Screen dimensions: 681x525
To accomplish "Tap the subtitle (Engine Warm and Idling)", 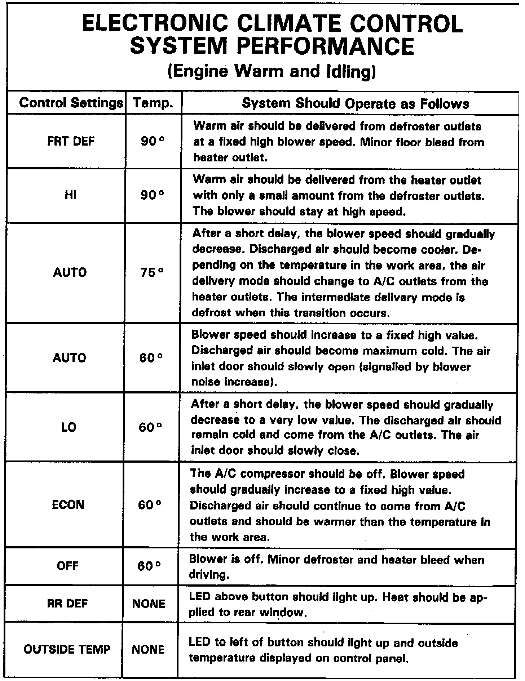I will pyautogui.click(x=272, y=71).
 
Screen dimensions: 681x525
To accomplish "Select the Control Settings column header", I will pyautogui.click(x=71, y=103).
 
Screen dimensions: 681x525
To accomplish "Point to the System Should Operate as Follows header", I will pyautogui.click(x=355, y=103).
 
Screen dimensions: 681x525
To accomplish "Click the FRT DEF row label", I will pyautogui.click(x=71, y=141).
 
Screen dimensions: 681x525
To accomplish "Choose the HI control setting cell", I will pyautogui.click(x=71, y=195).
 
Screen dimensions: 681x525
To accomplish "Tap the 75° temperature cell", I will pyautogui.click(x=152, y=272).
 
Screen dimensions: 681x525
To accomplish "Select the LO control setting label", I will pyautogui.click(x=69, y=427).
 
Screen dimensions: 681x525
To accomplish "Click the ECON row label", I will pyautogui.click(x=68, y=504).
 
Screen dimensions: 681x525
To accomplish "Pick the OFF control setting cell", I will pyautogui.click(x=67, y=566).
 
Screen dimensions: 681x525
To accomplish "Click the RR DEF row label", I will pyautogui.click(x=67, y=604).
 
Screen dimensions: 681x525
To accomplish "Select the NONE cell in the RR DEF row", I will pyautogui.click(x=149, y=604).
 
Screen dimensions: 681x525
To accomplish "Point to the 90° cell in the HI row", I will pyautogui.click(x=153, y=195).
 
